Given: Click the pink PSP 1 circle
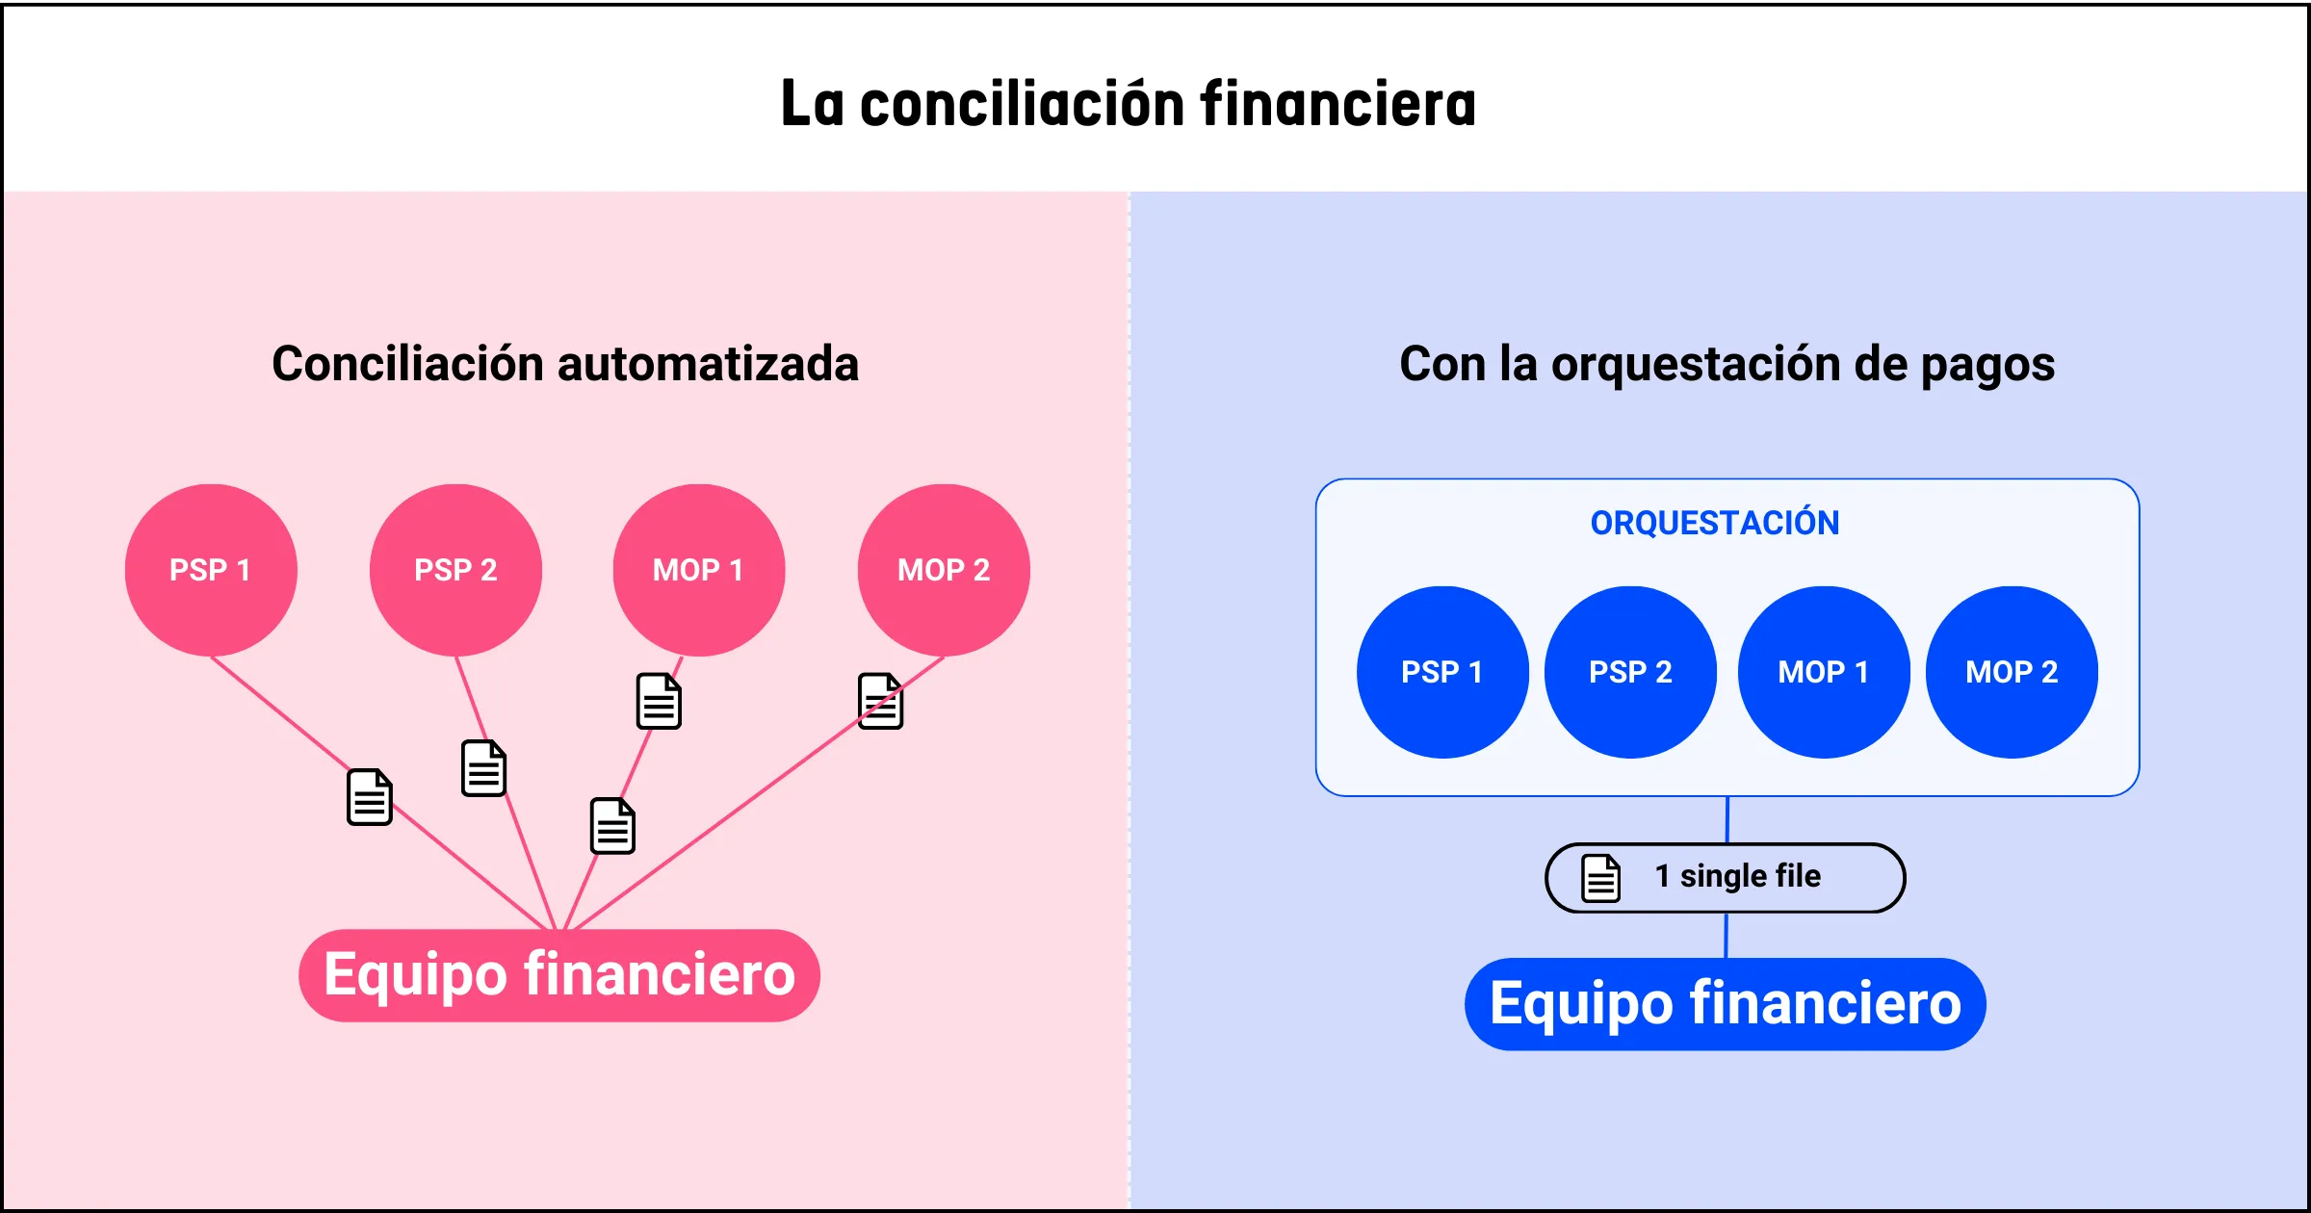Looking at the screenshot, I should click(211, 570).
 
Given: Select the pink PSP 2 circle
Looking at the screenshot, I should click(455, 570).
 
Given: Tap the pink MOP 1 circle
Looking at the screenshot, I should click(699, 570).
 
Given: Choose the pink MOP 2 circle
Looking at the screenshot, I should click(944, 570).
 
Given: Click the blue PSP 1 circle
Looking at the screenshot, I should click(1442, 672).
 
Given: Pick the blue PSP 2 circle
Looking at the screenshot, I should click(1630, 672).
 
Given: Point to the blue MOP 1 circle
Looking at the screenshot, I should click(1824, 672).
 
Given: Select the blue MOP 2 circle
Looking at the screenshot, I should click(2012, 672).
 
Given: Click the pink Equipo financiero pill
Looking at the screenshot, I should click(559, 975).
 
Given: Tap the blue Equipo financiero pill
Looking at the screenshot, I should click(1725, 1004).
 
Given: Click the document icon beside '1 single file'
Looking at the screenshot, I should click(1601, 878).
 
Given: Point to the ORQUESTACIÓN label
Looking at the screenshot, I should click(1715, 523).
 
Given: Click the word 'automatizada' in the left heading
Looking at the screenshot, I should click(708, 364).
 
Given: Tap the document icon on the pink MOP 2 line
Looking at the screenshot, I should click(880, 701).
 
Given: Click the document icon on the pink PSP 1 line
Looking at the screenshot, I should click(370, 797).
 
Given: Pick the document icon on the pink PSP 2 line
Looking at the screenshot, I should click(483, 768).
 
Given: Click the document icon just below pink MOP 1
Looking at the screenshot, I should click(659, 701).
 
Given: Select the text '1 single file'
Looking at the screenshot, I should click(1737, 876).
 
